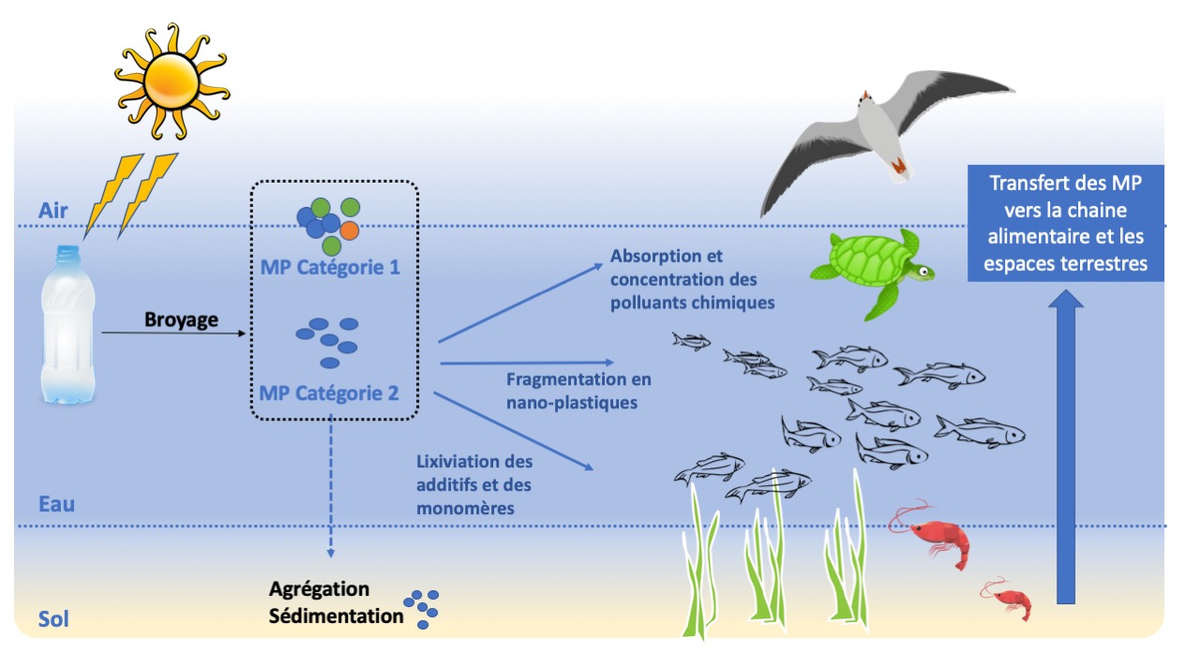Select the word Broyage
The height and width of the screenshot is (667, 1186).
pyautogui.click(x=181, y=319)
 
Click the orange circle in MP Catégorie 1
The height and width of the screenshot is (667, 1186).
pyautogui.click(x=350, y=230)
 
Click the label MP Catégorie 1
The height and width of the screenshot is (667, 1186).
pyautogui.click(x=330, y=268)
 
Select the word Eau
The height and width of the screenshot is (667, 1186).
pyautogui.click(x=56, y=504)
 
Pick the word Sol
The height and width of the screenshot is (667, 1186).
pyautogui.click(x=53, y=618)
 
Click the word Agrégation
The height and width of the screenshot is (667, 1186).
pyautogui.click(x=319, y=589)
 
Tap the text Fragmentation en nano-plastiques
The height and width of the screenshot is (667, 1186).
pyautogui.click(x=578, y=391)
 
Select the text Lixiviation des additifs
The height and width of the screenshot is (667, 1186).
pyautogui.click(x=473, y=472)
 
